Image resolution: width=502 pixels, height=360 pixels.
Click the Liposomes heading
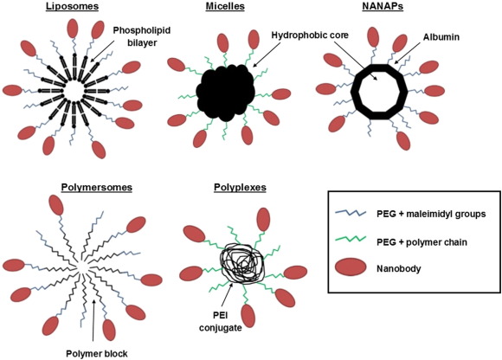coord(72,6)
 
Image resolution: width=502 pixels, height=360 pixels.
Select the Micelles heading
coord(225,6)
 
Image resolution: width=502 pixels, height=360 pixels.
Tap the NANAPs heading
coord(383,6)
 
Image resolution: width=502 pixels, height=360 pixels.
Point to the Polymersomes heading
coord(97,187)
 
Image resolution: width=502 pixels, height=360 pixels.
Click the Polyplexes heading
coord(240,187)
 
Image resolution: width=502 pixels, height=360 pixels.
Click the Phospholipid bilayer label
coord(142,36)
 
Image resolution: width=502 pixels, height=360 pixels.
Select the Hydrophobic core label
coord(310,35)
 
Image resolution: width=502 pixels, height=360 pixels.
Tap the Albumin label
coord(441,37)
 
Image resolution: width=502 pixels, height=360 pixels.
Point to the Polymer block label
coord(97,354)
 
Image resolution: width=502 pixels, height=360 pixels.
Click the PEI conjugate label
coord(221,322)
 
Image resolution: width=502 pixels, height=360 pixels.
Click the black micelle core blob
coord(226,93)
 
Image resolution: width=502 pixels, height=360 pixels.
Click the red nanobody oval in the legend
coord(351,267)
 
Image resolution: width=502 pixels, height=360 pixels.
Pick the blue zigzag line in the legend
coord(351,213)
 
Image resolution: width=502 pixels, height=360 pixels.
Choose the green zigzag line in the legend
coord(351,240)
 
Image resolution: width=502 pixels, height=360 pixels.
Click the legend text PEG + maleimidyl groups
coord(431,214)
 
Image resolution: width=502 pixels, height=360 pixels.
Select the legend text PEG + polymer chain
coord(422,242)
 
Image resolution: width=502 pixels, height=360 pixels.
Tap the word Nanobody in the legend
coord(399,268)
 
